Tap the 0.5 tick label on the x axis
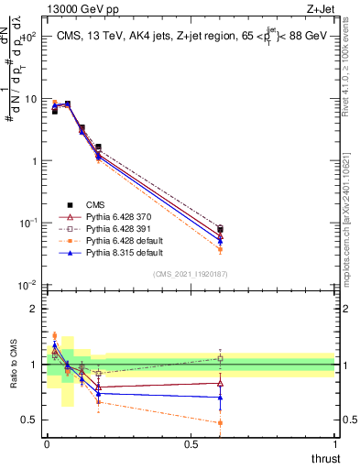pos(191,443)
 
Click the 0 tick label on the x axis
pos(47,443)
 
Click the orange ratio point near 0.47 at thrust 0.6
pos(220,423)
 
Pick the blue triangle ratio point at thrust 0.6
pos(220,397)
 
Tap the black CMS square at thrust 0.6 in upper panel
pos(220,228)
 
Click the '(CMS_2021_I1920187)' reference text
pos(190,273)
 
